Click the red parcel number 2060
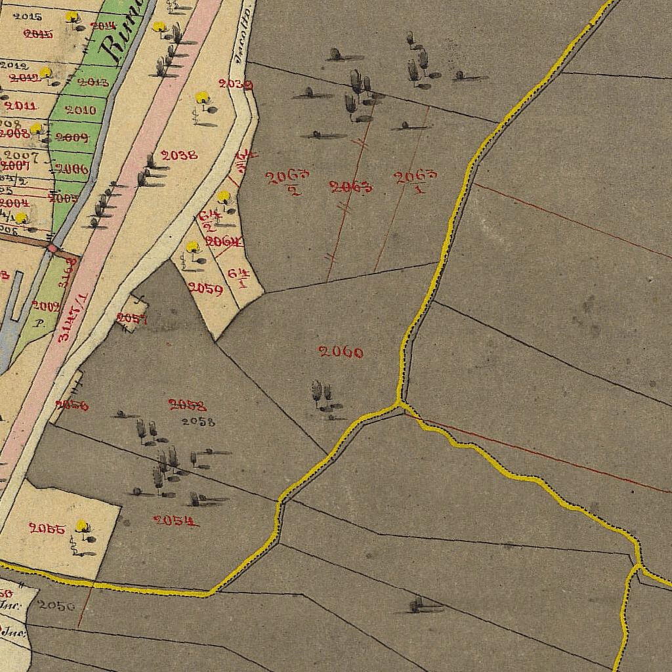click(341, 352)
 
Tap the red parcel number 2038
click(179, 156)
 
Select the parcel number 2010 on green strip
click(81, 110)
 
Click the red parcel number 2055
click(47, 528)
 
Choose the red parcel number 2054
click(176, 521)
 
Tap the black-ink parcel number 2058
click(198, 422)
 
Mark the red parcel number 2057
click(131, 319)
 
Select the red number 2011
click(20, 105)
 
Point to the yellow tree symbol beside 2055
click(81, 526)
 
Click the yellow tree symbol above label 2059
click(192, 247)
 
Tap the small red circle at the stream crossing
click(52, 248)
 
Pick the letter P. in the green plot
click(39, 323)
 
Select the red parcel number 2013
click(93, 82)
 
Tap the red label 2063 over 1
click(415, 180)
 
